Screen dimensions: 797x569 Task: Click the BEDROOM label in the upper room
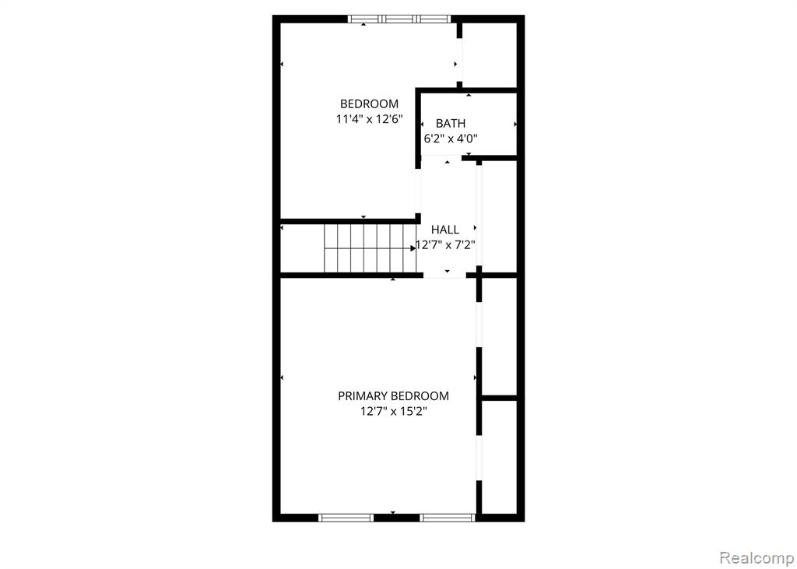point(369,104)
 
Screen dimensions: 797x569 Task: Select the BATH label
point(451,123)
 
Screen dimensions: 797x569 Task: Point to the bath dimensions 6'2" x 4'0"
point(451,138)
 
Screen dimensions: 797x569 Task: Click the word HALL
point(444,230)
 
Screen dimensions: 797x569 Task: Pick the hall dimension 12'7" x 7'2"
point(446,246)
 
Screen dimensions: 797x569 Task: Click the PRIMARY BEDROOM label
point(393,396)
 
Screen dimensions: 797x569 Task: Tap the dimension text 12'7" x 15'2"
point(393,412)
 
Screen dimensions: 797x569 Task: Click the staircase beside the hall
point(370,248)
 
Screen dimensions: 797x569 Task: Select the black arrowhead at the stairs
point(413,248)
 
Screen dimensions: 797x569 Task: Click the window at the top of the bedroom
point(399,19)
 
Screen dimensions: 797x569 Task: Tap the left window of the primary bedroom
point(346,518)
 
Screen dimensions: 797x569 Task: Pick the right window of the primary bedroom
point(448,518)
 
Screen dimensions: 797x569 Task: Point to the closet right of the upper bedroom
point(490,55)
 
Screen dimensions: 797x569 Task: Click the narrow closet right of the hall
point(499,216)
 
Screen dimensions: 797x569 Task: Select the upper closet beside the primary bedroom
point(499,336)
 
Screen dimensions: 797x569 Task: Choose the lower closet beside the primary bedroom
point(499,457)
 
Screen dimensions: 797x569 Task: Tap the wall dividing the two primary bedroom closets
point(499,399)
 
